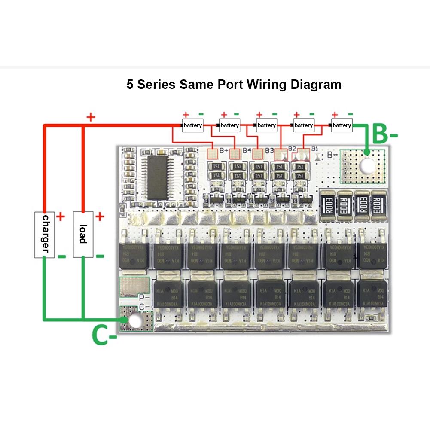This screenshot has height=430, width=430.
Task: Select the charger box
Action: (x=44, y=234)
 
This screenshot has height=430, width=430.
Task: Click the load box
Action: (x=83, y=234)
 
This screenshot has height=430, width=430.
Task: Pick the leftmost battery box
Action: (x=192, y=125)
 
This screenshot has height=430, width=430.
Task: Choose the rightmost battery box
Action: (x=342, y=125)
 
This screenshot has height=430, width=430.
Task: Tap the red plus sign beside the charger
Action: (x=61, y=217)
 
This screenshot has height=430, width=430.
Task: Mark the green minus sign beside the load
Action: (x=100, y=256)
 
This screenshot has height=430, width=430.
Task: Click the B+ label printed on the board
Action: (x=224, y=151)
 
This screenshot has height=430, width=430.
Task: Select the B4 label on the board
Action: (x=247, y=151)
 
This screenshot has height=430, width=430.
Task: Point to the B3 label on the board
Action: (x=269, y=151)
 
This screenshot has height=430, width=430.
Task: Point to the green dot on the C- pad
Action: (x=124, y=320)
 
